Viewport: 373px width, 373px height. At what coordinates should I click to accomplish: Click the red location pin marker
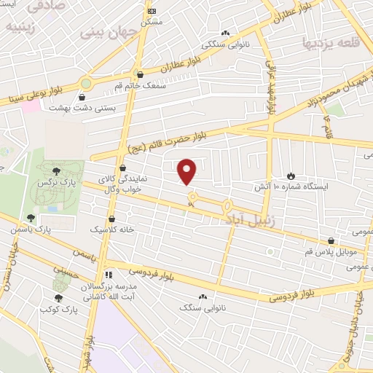[188, 171]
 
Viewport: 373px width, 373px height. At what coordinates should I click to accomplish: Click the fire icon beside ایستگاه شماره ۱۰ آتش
[291, 176]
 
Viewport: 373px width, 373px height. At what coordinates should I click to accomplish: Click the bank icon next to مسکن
[151, 11]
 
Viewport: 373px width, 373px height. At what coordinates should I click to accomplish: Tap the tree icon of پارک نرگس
[56, 170]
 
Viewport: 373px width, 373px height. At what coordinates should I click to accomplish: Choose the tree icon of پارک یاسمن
[30, 217]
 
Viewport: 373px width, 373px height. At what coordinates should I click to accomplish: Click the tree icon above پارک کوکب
[58, 297]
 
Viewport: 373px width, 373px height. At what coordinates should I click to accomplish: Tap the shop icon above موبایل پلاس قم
[331, 240]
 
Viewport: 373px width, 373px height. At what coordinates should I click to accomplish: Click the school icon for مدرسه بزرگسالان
[109, 275]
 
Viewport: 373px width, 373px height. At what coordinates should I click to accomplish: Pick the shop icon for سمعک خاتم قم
[140, 74]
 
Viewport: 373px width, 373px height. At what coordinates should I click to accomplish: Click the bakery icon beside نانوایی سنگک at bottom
[203, 297]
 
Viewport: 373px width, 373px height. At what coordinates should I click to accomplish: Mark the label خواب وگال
[120, 189]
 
